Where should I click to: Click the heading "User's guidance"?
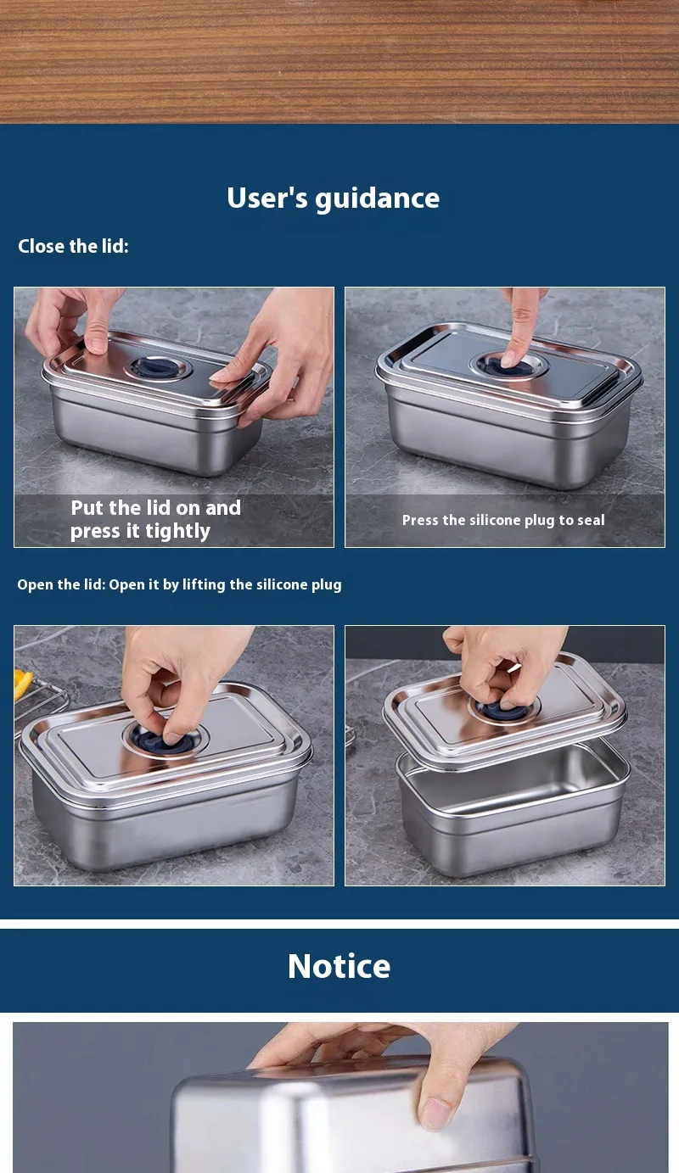[x=334, y=198]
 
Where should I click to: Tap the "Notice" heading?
[x=339, y=966]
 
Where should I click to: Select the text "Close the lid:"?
[x=73, y=246]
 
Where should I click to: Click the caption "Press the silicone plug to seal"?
[x=503, y=520]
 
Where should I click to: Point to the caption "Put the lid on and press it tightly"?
[x=155, y=519]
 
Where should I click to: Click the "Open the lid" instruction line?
[x=179, y=584]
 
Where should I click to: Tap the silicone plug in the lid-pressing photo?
[x=158, y=367]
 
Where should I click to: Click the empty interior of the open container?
[x=513, y=775]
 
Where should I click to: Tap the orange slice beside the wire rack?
[x=23, y=683]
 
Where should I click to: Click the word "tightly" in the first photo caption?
[x=177, y=532]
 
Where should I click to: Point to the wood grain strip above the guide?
[x=339, y=62]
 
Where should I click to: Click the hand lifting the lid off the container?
[x=503, y=665]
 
